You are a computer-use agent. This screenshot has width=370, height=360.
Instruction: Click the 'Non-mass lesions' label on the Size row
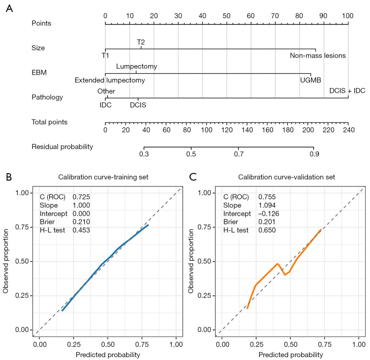click(317, 55)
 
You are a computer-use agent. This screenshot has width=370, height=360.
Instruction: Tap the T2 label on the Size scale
click(141, 42)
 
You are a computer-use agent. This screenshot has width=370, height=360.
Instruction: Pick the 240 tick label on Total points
click(348, 130)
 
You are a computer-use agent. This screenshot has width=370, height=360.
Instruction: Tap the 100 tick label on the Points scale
click(348, 15)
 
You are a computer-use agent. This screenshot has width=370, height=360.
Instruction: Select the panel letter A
click(9, 9)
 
